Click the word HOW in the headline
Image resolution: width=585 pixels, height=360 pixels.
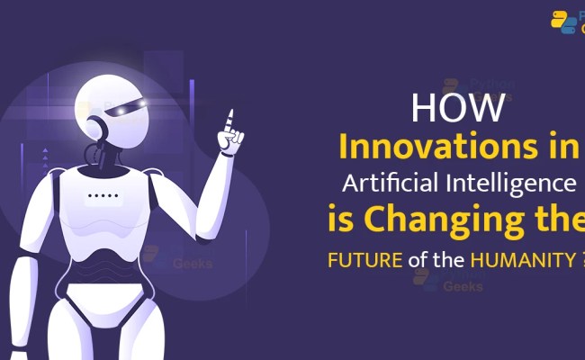459,109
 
